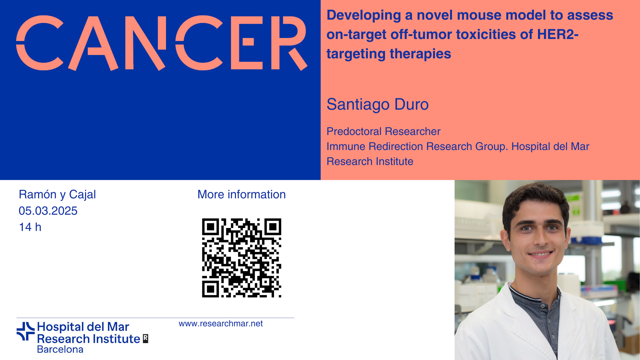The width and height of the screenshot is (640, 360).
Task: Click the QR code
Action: coord(242,258)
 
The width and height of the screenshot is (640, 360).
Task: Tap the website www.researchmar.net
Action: coord(221,324)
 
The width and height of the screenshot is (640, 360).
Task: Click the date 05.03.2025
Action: coord(48,211)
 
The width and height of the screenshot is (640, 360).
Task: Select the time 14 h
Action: coord(30,227)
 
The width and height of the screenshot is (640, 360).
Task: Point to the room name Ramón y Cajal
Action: coord(57,194)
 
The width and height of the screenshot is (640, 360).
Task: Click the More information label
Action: coord(242,194)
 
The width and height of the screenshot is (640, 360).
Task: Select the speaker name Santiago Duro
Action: coord(378,104)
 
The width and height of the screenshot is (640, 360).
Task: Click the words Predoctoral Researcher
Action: coord(383,131)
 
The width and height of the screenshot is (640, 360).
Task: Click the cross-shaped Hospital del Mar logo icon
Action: coord(26,331)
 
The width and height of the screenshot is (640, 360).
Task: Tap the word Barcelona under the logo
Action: coord(60,349)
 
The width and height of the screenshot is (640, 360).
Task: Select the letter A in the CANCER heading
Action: coord(93,43)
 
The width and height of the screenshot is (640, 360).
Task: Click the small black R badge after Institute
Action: coord(145,339)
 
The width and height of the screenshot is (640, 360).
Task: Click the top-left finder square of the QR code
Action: coord(211,227)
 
